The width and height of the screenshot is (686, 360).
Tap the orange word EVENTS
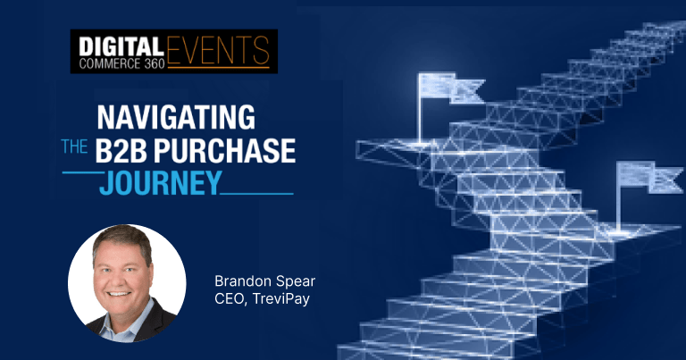(218, 50)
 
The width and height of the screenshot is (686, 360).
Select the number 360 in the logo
(154, 63)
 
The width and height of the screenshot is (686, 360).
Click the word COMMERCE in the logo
(110, 63)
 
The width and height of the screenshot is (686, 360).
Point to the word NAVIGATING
(176, 117)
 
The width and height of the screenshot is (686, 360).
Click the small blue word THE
(74, 147)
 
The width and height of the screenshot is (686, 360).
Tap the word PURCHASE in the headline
(224, 150)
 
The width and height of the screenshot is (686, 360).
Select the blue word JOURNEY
(160, 183)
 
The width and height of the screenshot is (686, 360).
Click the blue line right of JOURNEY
(257, 193)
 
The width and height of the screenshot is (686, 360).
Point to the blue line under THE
(83, 172)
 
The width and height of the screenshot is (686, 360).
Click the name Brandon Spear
(264, 281)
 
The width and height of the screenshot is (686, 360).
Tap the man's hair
(122, 239)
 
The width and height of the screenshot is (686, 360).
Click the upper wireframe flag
(451, 88)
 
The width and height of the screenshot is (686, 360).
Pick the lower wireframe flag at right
(649, 177)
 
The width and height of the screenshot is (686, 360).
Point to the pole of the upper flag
(421, 108)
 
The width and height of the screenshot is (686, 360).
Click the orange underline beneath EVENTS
(218, 67)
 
